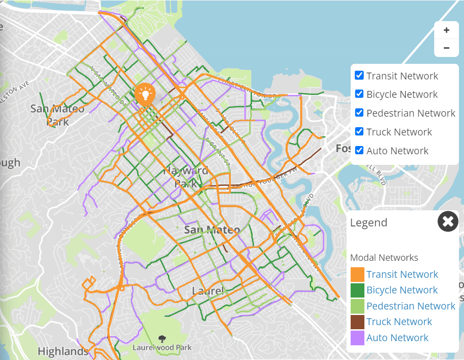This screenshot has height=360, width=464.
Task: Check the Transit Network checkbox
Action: pos(359,75)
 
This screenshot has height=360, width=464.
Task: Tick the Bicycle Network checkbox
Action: pos(359,94)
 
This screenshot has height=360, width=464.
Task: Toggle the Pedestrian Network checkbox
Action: pos(359,112)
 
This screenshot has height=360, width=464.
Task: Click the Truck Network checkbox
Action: pos(359,131)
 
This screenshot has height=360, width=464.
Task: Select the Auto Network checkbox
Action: pos(359,150)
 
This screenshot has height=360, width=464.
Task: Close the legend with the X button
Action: pos(448,222)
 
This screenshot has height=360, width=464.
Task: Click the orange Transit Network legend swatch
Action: pos(357,275)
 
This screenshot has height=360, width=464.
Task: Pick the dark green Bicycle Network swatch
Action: pos(357,290)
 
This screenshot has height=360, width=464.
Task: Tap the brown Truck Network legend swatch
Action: pos(357,322)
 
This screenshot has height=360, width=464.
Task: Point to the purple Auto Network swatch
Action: pos(357,338)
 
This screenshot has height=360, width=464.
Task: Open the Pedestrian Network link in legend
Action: pos(411,306)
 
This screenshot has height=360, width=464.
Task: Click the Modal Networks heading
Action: pos(384,258)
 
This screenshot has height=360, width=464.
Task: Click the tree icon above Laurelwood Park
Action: pos(162,339)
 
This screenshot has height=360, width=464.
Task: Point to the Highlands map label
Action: pos(62,351)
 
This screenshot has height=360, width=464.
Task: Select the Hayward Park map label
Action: pos(186,177)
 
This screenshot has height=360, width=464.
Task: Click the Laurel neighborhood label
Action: pos(208,291)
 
